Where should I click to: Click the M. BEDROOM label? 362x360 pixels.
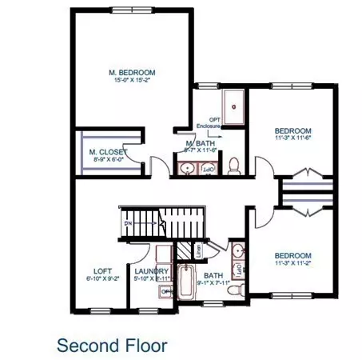pyautogui.click(x=132, y=73)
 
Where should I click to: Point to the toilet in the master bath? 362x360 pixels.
pyautogui.click(x=234, y=166)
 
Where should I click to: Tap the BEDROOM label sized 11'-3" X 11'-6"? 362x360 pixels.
pyautogui.click(x=292, y=130)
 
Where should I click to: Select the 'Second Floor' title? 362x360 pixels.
pyautogui.click(x=112, y=345)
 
